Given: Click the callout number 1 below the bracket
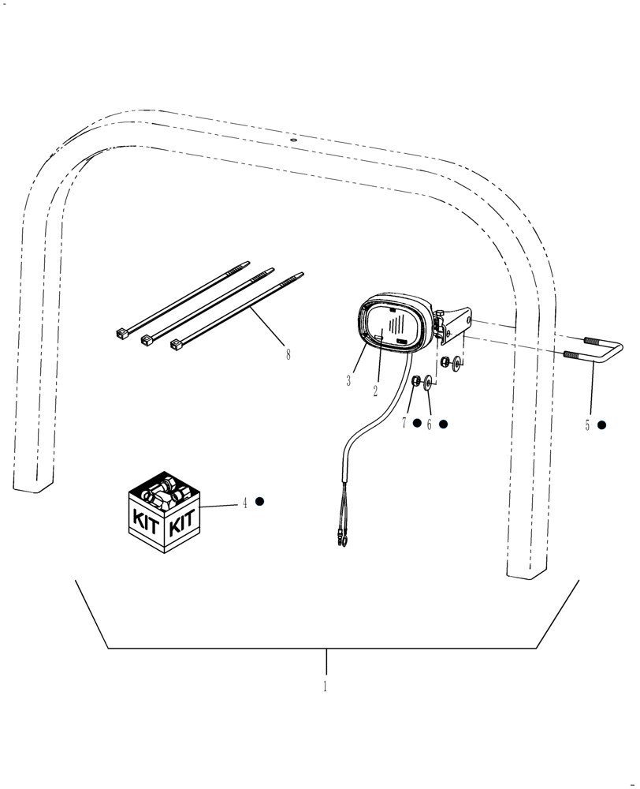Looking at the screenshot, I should [324, 686].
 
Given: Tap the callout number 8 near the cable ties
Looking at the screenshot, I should [288, 355].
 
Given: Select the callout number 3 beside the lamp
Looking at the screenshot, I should [348, 381].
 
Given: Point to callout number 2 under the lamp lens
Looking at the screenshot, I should [376, 390].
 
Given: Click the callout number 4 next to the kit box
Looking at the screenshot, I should [244, 503].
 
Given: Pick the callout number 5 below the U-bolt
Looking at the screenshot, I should [587, 425].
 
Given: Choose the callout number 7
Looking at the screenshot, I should [404, 424].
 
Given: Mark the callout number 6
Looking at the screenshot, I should [430, 424].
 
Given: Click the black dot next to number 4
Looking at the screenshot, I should [259, 502].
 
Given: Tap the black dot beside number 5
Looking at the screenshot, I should [602, 424].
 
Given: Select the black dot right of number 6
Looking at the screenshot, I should [443, 424].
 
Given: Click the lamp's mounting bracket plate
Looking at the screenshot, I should [456, 326].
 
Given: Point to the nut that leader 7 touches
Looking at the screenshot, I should [415, 382].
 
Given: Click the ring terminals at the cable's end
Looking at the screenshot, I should [339, 541].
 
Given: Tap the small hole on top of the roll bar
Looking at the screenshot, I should [293, 140].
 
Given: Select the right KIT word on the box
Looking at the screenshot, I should [182, 522].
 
